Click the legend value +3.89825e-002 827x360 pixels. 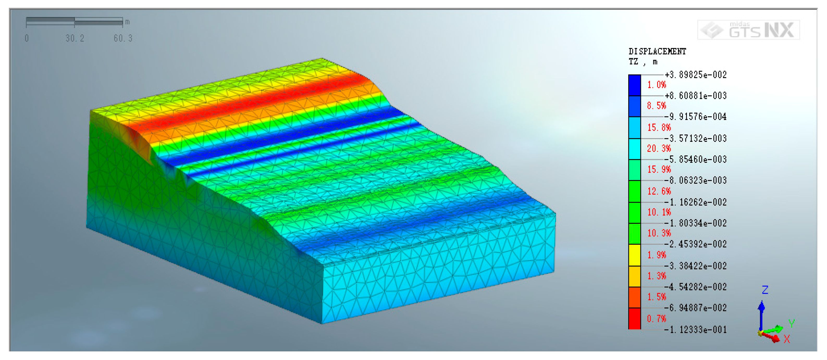(696, 75)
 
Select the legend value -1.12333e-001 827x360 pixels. (696, 330)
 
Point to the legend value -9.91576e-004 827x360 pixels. (696, 116)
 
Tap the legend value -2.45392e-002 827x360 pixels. (696, 244)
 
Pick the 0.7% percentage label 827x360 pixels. (657, 319)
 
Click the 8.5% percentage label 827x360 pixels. (657, 106)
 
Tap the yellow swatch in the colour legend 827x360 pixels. (634, 255)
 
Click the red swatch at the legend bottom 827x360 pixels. (634, 319)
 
